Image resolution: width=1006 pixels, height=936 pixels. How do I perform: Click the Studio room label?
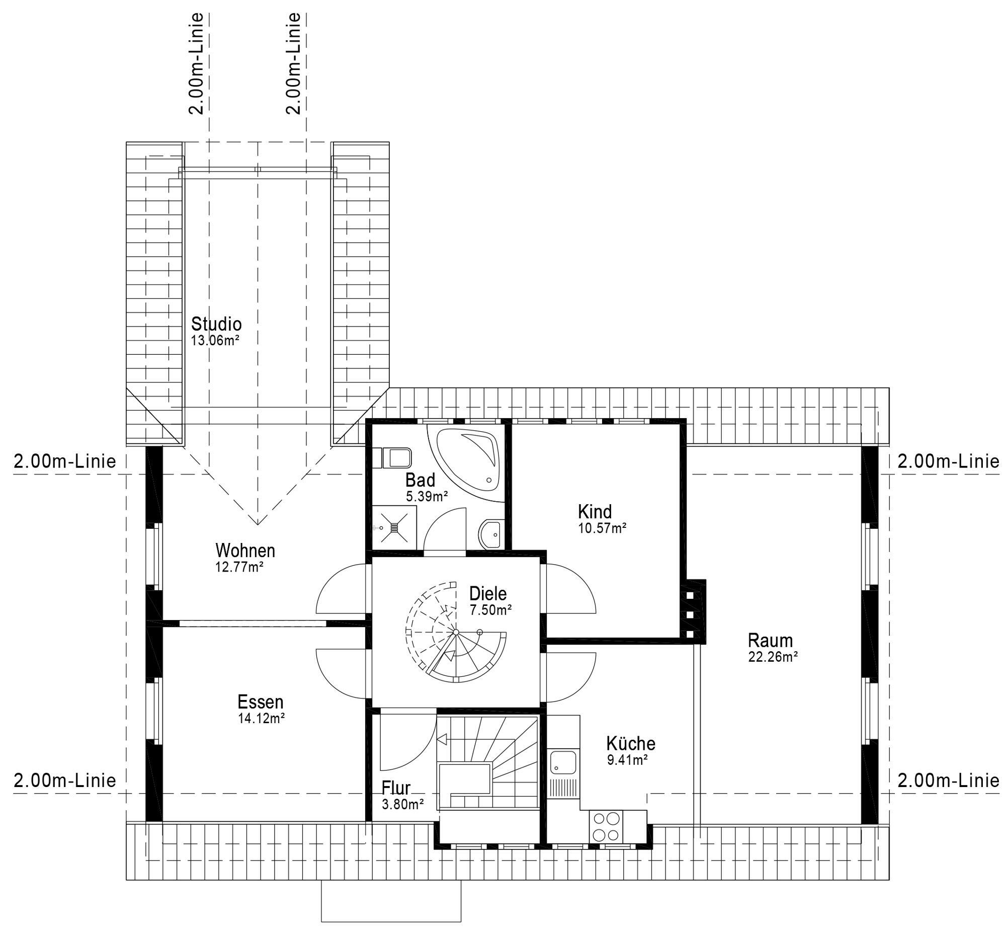[216, 324]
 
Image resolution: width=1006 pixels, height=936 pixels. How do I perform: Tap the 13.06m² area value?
[215, 340]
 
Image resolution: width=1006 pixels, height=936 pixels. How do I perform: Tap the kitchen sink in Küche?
[563, 761]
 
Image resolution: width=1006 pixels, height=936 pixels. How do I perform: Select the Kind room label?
[595, 511]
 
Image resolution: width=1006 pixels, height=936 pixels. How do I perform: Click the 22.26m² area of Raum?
[773, 657]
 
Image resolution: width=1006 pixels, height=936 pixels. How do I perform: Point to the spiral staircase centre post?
[455, 632]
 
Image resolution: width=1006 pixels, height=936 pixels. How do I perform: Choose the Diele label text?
[488, 593]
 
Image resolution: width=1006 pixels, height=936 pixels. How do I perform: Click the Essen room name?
[261, 701]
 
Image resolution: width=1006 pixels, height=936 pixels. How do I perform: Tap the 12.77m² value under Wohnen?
[239, 567]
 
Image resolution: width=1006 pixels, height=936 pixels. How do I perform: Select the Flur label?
[396, 788]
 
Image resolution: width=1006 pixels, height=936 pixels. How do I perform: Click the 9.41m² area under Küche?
[627, 760]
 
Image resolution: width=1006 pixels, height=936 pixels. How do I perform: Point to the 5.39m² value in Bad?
[427, 496]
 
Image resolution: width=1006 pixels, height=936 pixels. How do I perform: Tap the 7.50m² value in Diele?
[490, 610]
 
